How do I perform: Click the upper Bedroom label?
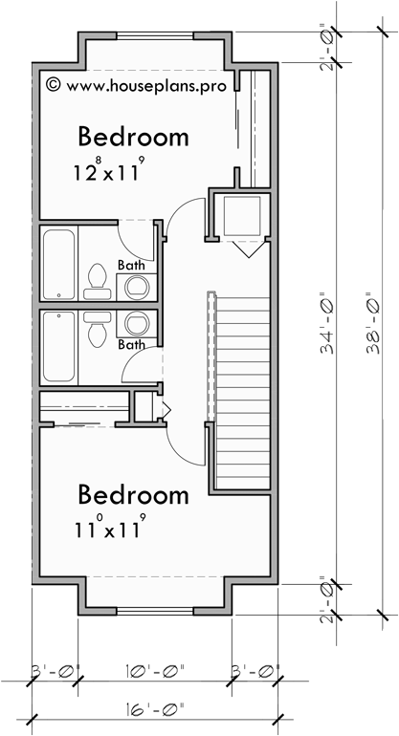click(x=133, y=136)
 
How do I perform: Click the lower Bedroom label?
click(x=133, y=495)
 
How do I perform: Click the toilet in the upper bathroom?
click(x=96, y=278)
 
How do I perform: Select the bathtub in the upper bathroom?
click(x=58, y=263)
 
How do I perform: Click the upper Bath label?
click(x=132, y=265)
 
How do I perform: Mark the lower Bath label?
click(x=132, y=344)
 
